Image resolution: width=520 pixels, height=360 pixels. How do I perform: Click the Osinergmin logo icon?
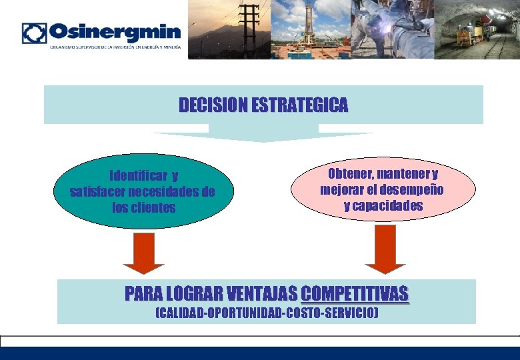point(34,33)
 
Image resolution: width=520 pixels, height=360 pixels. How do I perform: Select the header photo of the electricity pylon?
point(230,29)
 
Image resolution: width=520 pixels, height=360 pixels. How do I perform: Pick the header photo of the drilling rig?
point(310,29)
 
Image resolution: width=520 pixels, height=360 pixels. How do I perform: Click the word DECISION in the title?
point(213,105)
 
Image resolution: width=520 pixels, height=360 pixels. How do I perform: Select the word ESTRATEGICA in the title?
point(300,105)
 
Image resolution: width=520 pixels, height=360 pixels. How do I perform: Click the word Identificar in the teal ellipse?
point(138,176)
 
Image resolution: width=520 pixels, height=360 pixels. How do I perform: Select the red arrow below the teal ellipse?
point(143,253)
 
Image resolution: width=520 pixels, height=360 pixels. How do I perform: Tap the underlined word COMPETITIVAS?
point(355,293)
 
